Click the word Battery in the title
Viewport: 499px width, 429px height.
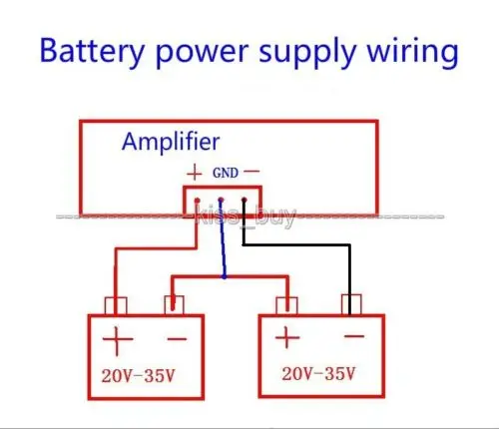92,52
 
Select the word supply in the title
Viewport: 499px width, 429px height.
306,53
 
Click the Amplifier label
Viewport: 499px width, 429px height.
171,142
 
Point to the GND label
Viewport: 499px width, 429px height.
226,173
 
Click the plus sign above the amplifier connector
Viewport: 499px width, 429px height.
195,174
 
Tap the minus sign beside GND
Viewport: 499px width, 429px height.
251,172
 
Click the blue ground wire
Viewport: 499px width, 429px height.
223,238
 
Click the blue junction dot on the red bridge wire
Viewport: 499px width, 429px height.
225,276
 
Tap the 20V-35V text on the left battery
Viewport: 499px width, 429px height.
138,376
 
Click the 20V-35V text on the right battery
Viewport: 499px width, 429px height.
318,373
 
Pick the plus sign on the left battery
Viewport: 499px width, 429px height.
117,340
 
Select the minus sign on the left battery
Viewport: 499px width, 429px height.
177,339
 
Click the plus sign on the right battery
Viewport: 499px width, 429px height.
287,337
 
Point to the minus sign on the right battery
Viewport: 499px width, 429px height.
354,336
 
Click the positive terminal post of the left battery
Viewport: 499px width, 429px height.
116,306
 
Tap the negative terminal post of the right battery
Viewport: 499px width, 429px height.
351,304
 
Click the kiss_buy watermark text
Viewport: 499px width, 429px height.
246,216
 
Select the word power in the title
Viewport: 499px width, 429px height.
202,53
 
